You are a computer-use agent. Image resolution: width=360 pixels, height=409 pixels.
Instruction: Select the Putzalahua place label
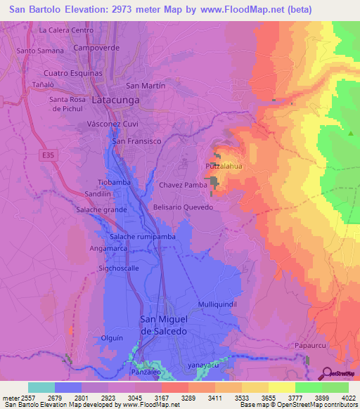coord(224,166)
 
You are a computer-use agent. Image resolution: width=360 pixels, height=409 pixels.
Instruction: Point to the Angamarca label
coord(109,249)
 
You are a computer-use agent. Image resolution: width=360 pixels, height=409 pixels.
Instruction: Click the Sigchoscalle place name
coord(119,268)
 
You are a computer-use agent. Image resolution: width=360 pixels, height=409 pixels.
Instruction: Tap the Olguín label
coord(112,338)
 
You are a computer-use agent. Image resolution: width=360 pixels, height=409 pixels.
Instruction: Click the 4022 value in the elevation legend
coord(348,398)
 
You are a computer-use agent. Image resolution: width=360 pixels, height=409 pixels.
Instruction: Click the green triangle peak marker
coord(350,133)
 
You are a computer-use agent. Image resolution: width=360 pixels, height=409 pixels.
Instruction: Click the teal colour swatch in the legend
coord(41,387)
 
